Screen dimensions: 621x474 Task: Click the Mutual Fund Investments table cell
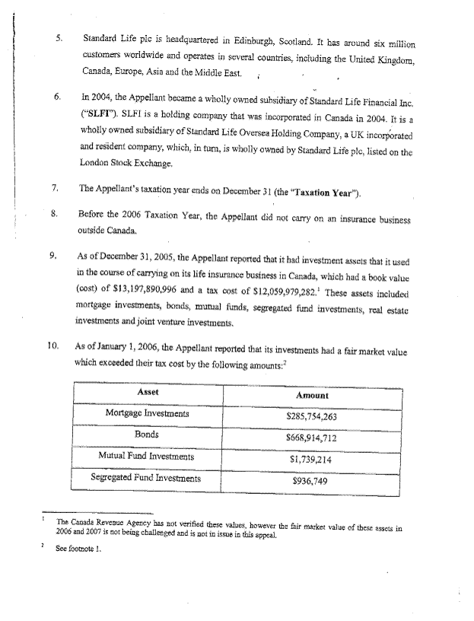(147, 457)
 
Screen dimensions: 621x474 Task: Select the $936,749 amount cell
(310, 482)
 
